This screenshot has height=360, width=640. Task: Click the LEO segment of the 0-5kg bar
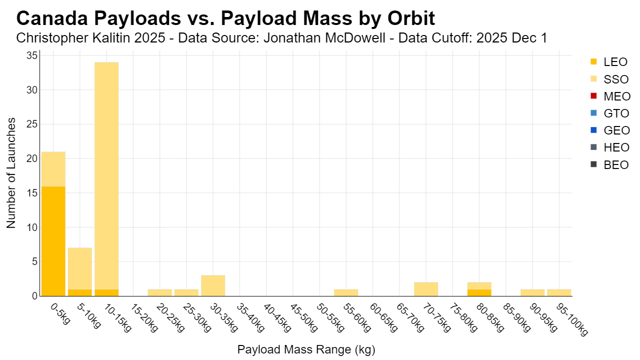(53, 241)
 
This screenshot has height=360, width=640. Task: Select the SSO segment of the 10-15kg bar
(106, 175)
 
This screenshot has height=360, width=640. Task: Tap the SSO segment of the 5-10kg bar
(80, 268)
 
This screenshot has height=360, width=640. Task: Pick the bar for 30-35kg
(213, 285)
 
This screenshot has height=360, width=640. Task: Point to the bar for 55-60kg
(346, 292)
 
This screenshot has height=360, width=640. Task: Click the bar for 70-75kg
(426, 289)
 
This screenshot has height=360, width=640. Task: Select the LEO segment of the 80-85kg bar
(479, 292)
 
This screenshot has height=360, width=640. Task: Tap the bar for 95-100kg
(559, 292)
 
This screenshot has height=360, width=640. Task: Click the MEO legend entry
(610, 96)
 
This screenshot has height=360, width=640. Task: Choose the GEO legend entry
(610, 130)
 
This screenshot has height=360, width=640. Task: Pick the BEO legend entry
(609, 165)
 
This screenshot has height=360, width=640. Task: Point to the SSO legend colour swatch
(593, 79)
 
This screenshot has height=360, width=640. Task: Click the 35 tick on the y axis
(32, 55)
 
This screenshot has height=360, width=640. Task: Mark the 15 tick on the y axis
(32, 193)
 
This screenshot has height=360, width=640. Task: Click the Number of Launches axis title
(11, 173)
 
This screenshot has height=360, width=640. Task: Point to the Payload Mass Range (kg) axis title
(306, 349)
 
